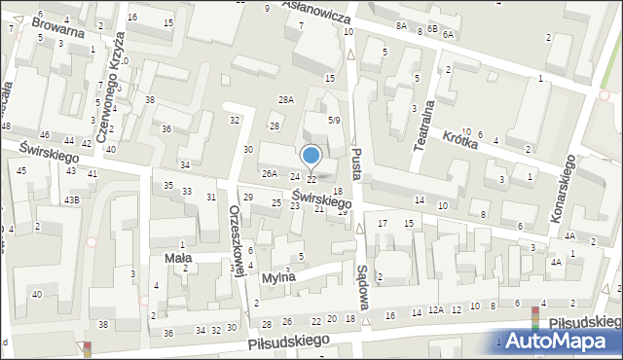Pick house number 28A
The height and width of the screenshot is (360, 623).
click(x=285, y=100)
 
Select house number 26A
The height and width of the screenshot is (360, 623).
click(x=270, y=174)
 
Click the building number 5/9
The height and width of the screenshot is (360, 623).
click(x=334, y=121)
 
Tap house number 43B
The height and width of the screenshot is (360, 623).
click(x=72, y=199)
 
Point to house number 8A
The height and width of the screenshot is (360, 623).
click(x=401, y=26)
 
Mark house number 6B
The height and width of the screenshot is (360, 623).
click(x=431, y=29)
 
